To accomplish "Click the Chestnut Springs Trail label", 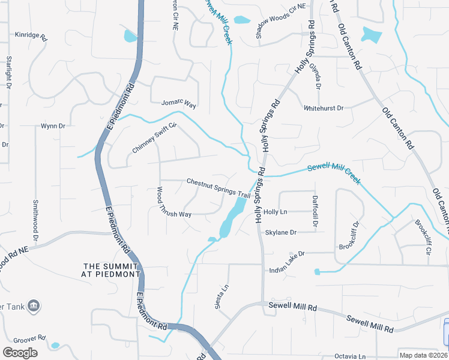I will coord(218,188).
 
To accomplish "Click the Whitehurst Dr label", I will coord(324,108).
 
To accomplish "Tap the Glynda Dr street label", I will coord(315,77).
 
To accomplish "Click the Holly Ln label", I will coord(276,212).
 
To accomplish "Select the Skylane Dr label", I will coord(281,232).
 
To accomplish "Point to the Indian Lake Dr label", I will coord(286,254).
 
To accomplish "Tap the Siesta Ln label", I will coord(221,296).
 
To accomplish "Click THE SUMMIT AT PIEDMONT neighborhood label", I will coord(112,270).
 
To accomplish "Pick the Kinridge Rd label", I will coord(31,35).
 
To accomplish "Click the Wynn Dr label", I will coord(53,126).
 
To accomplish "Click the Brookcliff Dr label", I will coord(349,236).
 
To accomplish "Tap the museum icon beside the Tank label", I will coord(34,306).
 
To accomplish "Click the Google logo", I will coord(20,353).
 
